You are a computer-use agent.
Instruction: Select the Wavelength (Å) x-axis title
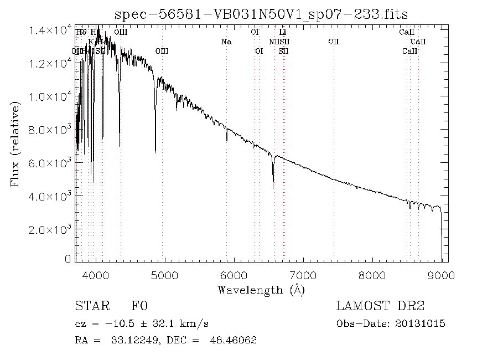261,290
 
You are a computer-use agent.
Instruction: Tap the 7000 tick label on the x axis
303,274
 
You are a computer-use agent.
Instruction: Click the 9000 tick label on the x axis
441,274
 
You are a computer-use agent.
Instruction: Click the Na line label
226,42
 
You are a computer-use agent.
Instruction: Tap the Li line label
282,33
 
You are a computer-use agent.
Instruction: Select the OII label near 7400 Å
333,42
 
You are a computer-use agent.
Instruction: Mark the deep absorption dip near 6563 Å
273,187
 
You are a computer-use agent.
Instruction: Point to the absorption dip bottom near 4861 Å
155,151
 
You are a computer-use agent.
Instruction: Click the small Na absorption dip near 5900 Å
226,140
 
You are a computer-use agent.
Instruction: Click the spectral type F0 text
139,306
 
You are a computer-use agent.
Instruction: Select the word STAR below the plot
90,306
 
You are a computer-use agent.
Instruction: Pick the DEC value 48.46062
233,340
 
